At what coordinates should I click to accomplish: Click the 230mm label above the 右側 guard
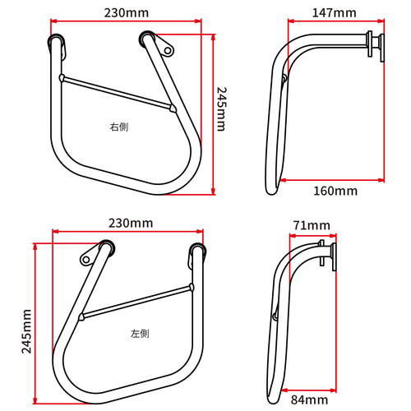click(x=127, y=13)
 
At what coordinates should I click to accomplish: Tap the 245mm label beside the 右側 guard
click(x=221, y=110)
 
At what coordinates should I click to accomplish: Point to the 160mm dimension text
click(x=335, y=192)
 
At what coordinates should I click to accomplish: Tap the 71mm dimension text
click(x=312, y=225)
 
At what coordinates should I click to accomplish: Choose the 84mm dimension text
click(x=309, y=400)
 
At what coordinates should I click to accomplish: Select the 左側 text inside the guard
click(x=140, y=335)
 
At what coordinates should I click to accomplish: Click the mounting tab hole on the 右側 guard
click(x=168, y=50)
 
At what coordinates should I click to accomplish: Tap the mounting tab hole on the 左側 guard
click(x=85, y=259)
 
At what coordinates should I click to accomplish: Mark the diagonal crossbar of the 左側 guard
click(x=136, y=301)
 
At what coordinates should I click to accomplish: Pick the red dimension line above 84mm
click(x=309, y=389)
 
